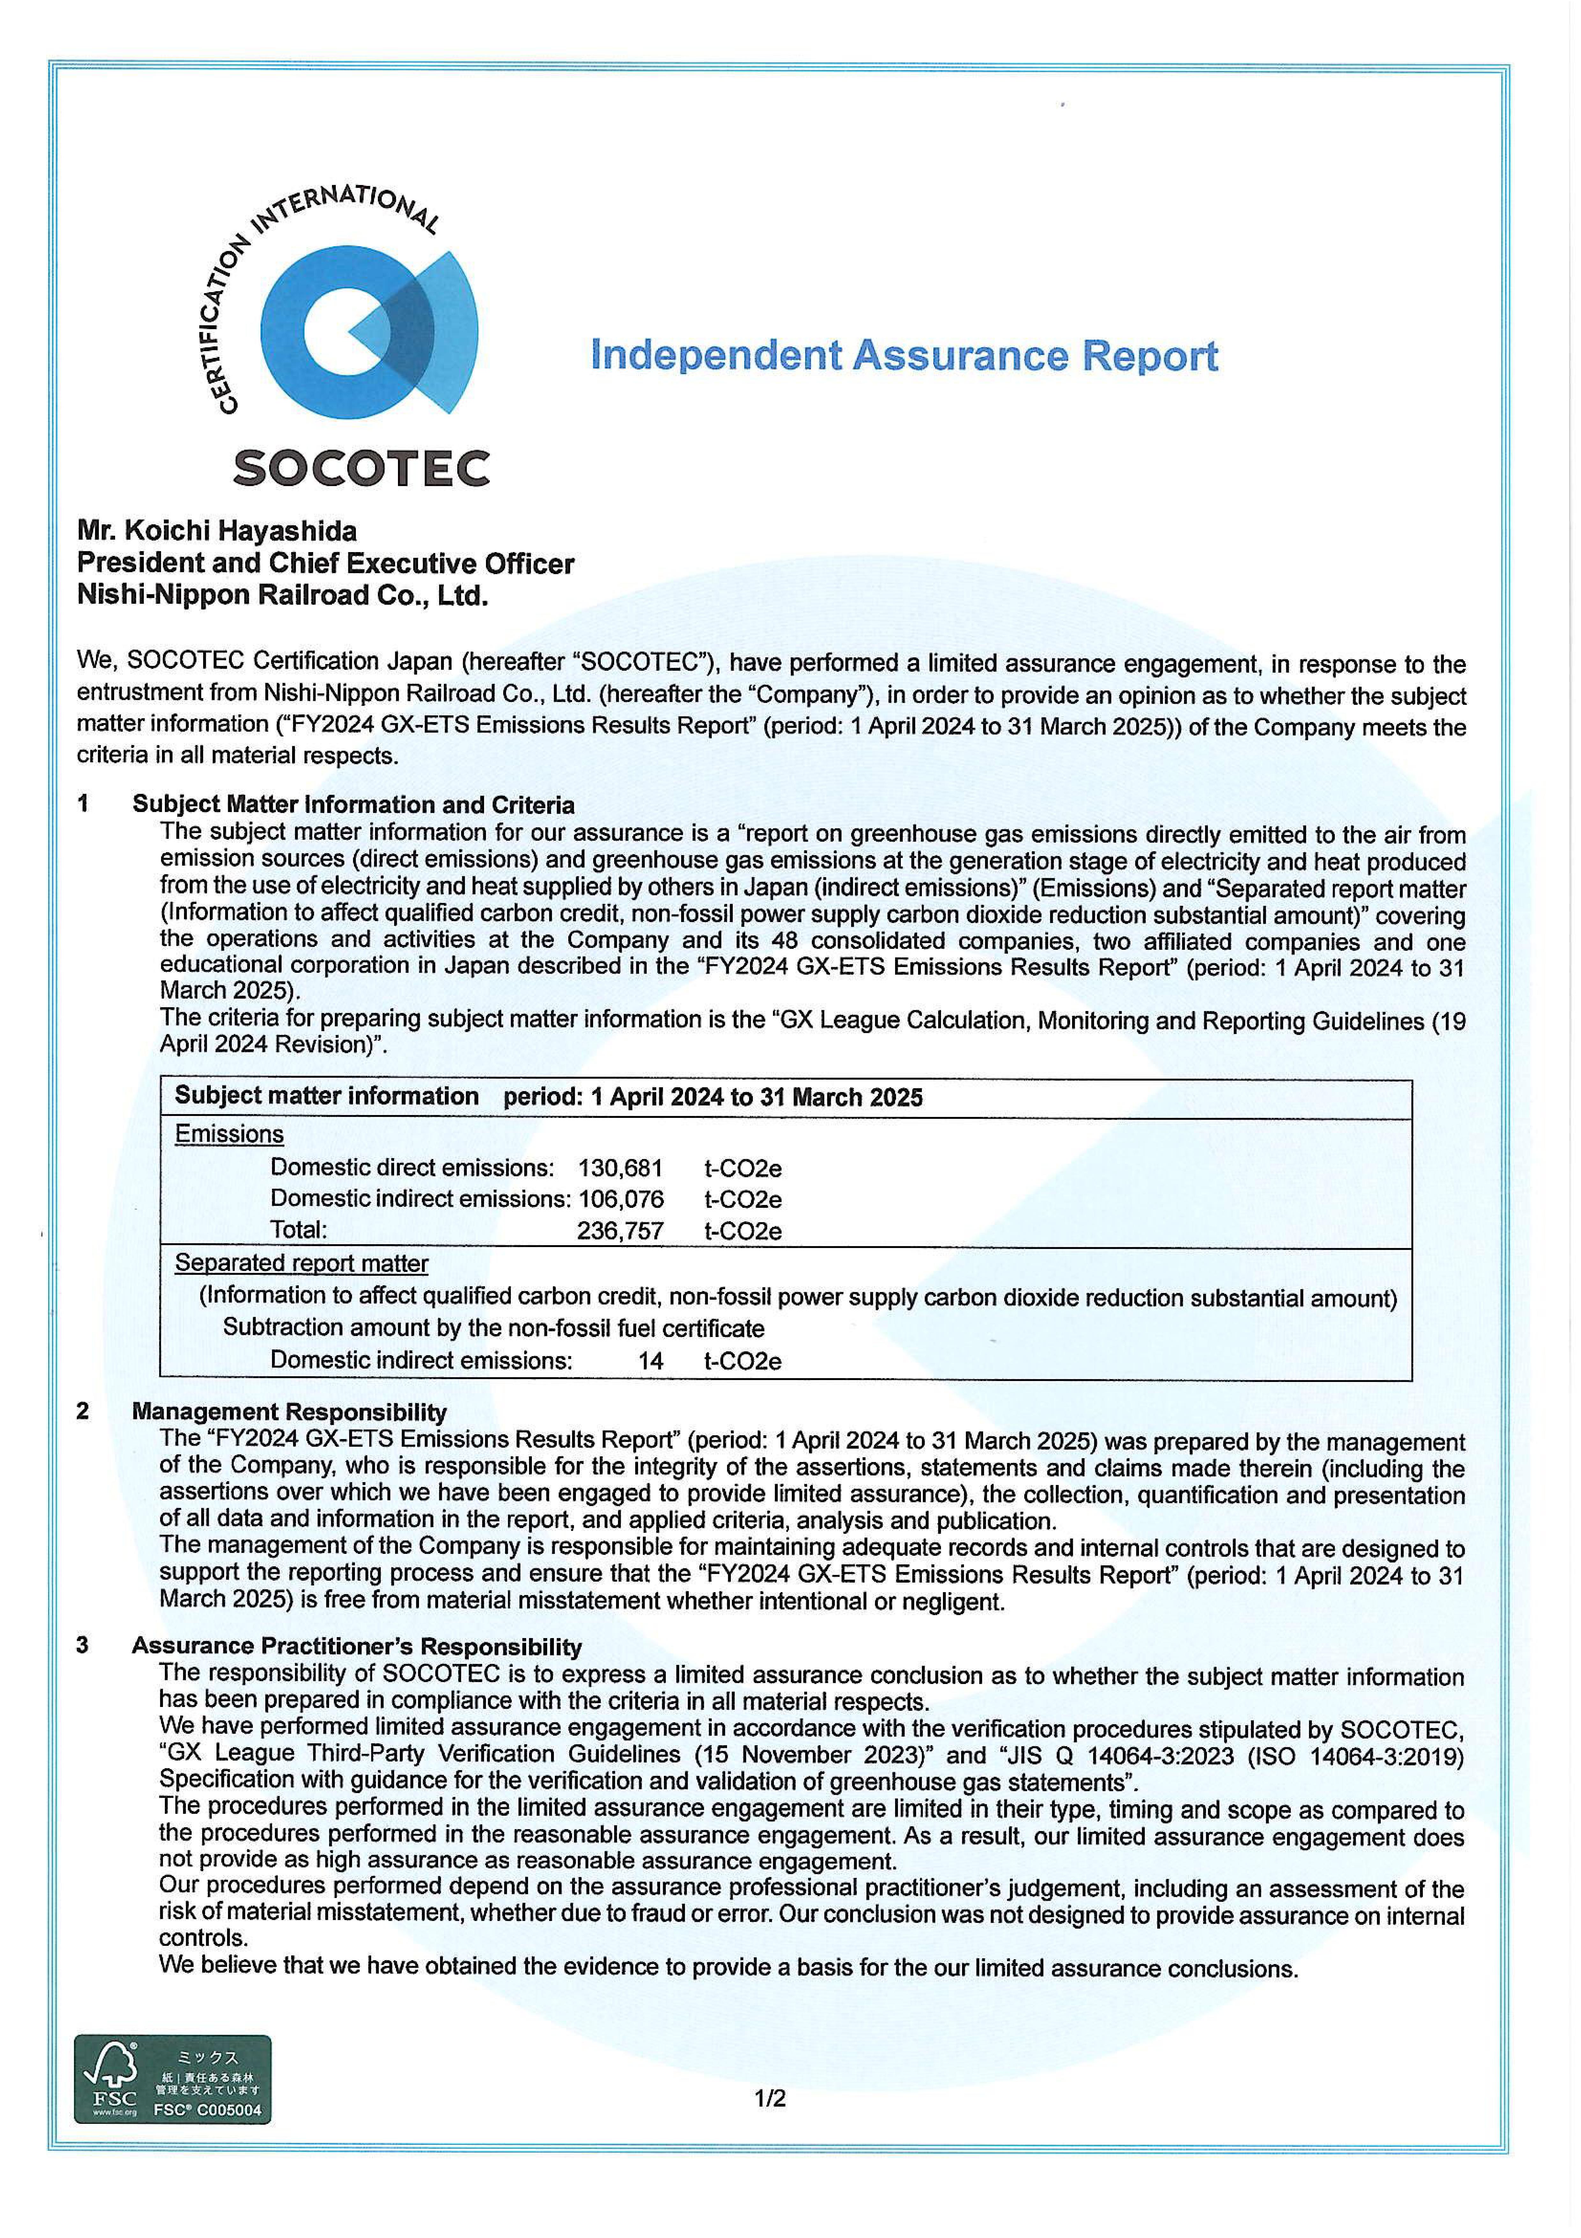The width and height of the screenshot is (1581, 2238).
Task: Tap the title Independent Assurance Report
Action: pos(904,356)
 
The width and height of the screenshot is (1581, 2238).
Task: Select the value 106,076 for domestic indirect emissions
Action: pos(621,1199)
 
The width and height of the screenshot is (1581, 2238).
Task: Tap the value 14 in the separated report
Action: pos(650,1361)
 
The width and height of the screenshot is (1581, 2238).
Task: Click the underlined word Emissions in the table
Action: pos(229,1134)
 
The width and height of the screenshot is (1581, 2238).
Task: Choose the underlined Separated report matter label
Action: pos(301,1263)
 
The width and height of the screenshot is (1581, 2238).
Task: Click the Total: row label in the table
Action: pos(298,1230)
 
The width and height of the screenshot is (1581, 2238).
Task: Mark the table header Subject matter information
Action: pos(327,1097)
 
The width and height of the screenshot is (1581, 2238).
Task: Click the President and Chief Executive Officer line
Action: pos(326,563)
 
